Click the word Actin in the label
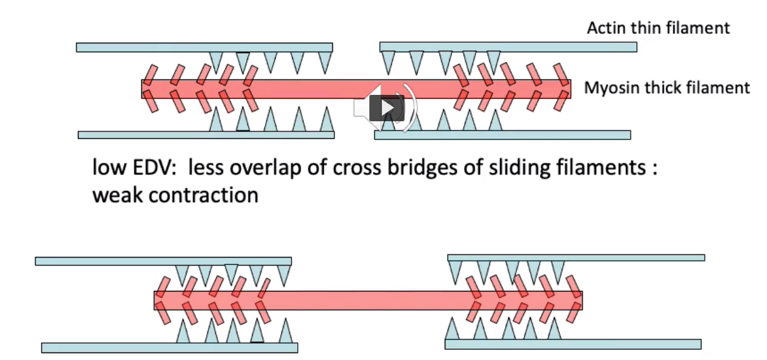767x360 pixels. [x=604, y=28]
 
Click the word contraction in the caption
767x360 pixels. [x=204, y=195]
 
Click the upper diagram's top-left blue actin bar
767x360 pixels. [x=204, y=47]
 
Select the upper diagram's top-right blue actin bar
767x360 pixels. [x=508, y=47]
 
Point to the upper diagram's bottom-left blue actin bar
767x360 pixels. [x=206, y=134]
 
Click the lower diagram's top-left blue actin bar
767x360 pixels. [x=163, y=261]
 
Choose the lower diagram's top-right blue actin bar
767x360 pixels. [x=575, y=257]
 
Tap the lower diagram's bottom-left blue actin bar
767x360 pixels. [x=170, y=347]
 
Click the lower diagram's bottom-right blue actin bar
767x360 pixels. [x=573, y=344]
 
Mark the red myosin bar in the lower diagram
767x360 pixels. [x=367, y=300]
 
